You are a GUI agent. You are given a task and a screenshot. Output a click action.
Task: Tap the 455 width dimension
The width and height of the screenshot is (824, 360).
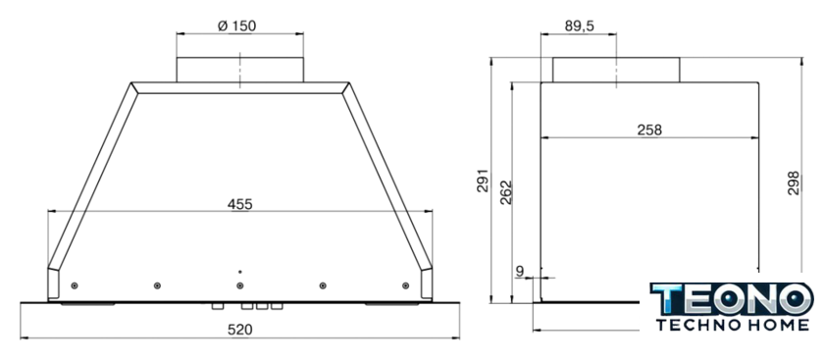coord(239,204)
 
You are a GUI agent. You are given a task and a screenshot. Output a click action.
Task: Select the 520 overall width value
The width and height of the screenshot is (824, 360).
coord(239,330)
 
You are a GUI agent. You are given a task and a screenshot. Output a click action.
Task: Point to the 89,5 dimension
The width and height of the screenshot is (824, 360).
coord(580,26)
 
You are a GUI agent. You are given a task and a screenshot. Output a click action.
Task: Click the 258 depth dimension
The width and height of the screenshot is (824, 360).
coord(649,129)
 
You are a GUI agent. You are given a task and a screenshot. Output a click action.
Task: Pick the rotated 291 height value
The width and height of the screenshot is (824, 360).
coord(483,180)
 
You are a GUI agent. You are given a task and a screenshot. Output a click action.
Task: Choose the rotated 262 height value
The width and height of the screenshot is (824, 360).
coord(505,192)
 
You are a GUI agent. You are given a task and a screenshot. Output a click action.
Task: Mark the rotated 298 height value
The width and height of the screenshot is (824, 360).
coord(793,182)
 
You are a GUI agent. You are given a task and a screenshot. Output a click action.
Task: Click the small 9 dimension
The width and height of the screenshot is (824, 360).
coord(520,271)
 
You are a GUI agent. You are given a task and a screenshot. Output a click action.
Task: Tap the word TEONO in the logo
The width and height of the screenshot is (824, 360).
coord(732,298)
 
